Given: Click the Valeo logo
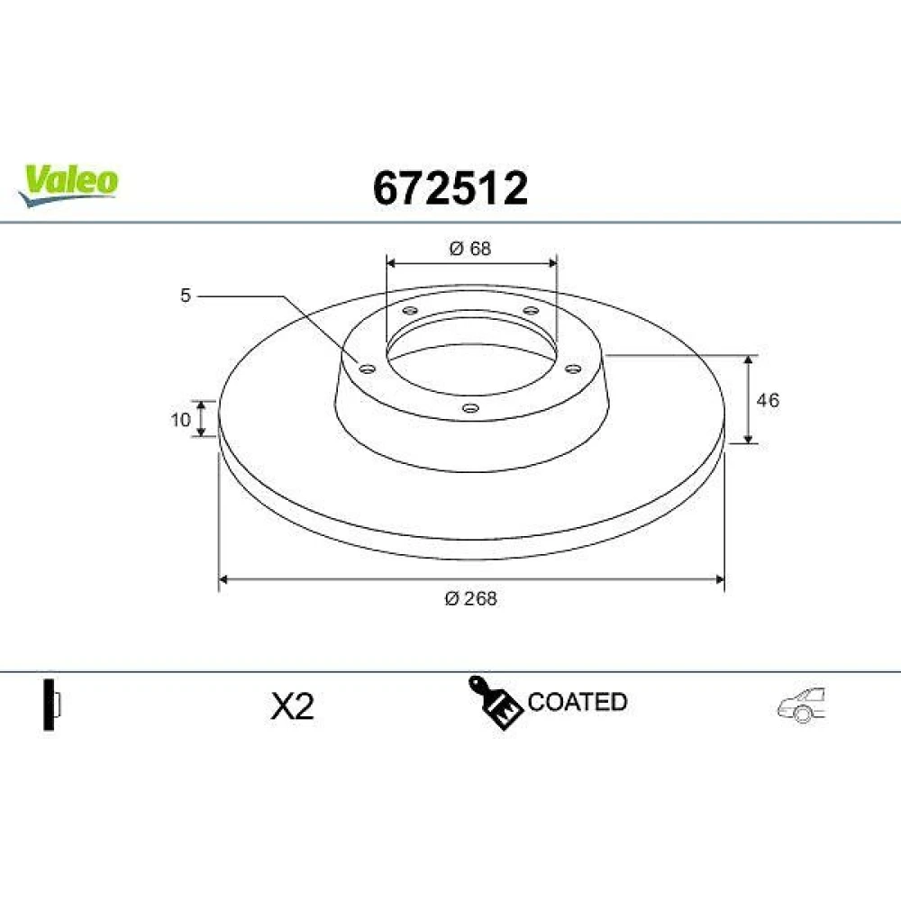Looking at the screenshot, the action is click(68, 185).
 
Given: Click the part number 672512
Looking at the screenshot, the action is click(450, 188).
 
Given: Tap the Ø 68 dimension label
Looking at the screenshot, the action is click(470, 249).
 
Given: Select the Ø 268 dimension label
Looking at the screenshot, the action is click(470, 599).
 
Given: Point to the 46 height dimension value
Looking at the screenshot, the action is click(768, 400).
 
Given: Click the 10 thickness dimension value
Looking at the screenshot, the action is click(180, 420).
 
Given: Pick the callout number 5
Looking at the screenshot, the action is click(185, 296).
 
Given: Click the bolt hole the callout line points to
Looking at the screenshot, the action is click(367, 368).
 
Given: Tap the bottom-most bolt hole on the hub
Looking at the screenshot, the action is click(470, 408).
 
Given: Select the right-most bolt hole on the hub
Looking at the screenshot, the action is click(573, 369).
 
